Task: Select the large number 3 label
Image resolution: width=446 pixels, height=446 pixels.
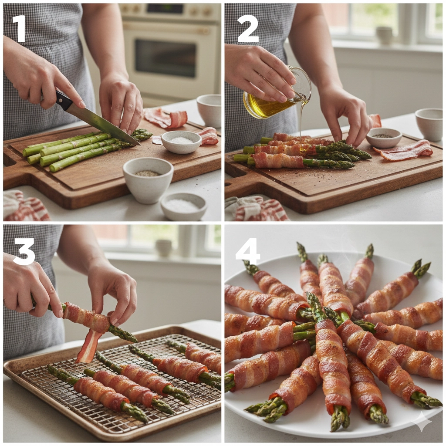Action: (x=24, y=251)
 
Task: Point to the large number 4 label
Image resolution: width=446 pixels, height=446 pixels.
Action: (x=248, y=251)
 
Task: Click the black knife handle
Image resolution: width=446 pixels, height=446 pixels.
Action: (x=63, y=100)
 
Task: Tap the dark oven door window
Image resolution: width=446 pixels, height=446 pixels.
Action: (x=165, y=58)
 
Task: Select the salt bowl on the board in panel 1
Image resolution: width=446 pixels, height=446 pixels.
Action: (x=181, y=142)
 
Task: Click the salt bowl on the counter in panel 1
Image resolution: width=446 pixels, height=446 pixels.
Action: (x=183, y=206)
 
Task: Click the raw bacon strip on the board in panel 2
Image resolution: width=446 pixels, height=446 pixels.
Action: (x=404, y=150)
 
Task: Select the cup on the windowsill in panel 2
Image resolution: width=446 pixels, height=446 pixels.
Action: (x=384, y=36)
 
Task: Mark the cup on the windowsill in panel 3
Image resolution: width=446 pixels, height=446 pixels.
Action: (x=164, y=248)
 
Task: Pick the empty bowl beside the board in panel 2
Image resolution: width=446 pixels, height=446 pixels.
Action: (x=429, y=124)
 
